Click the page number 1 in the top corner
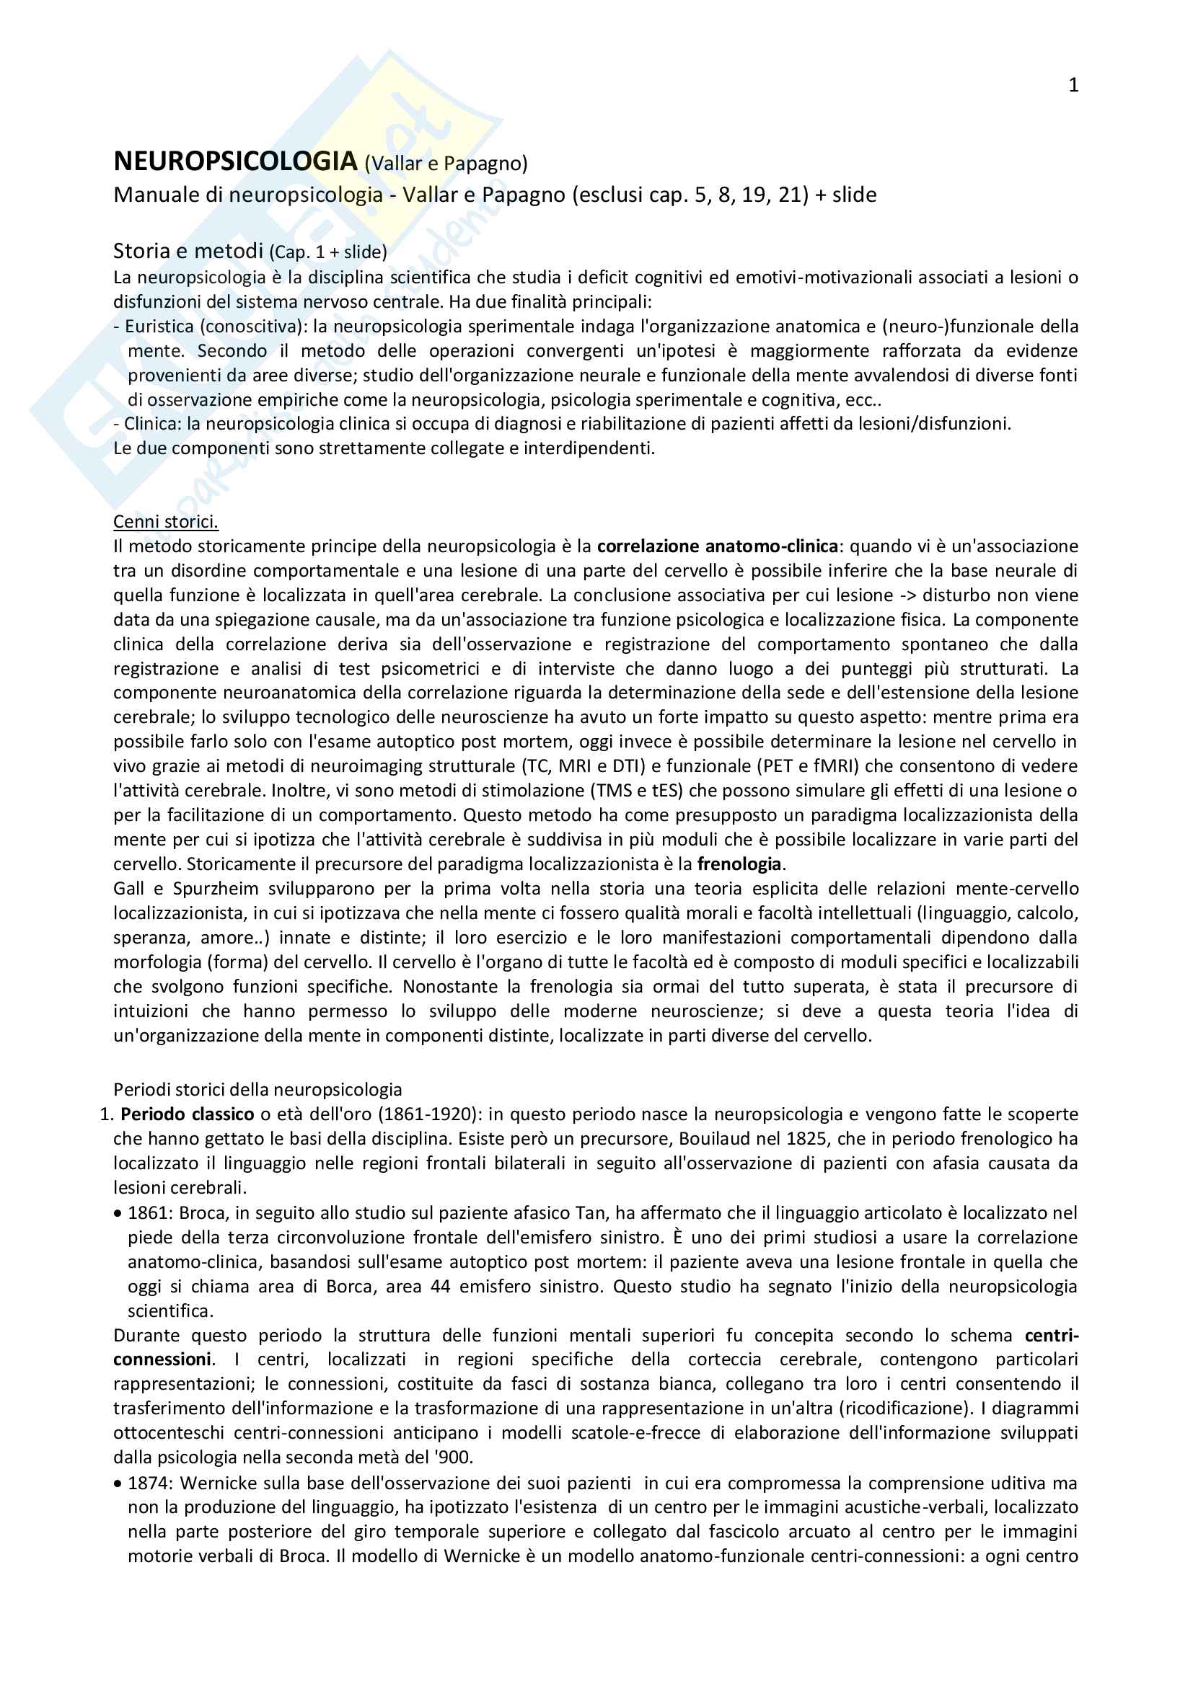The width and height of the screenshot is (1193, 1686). [1073, 86]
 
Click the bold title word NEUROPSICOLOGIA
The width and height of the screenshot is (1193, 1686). [235, 161]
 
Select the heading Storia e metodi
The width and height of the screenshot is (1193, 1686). [188, 251]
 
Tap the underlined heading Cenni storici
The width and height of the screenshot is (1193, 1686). [165, 521]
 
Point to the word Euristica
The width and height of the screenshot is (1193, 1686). [159, 326]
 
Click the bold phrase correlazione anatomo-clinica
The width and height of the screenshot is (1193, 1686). [717, 546]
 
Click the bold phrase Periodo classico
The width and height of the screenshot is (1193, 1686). [188, 1114]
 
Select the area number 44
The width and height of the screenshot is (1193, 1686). [440, 1287]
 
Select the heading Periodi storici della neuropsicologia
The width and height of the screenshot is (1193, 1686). [257, 1090]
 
